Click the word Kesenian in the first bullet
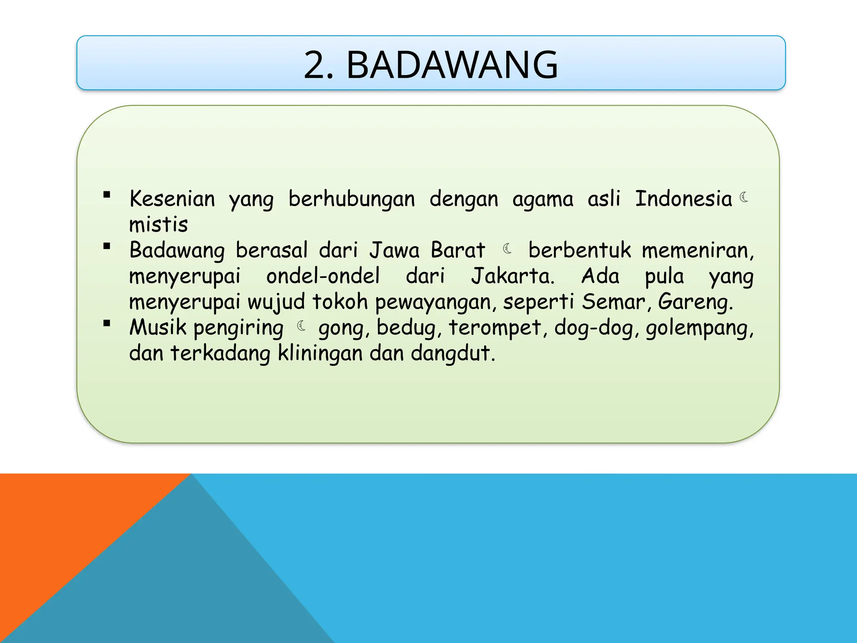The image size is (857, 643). point(172,199)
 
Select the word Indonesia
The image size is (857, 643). point(683,199)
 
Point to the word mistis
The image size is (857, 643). point(159,225)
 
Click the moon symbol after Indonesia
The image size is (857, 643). point(744,197)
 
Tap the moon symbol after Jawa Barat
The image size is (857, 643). point(507,249)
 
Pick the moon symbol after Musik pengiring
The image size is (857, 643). point(301,326)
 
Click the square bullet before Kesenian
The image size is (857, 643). point(107,195)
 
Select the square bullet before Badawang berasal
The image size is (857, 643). point(107,246)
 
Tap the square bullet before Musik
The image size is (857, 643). point(107,323)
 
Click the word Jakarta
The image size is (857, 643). point(513,276)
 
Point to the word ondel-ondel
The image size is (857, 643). point(323,276)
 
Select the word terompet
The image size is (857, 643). point(495,328)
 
